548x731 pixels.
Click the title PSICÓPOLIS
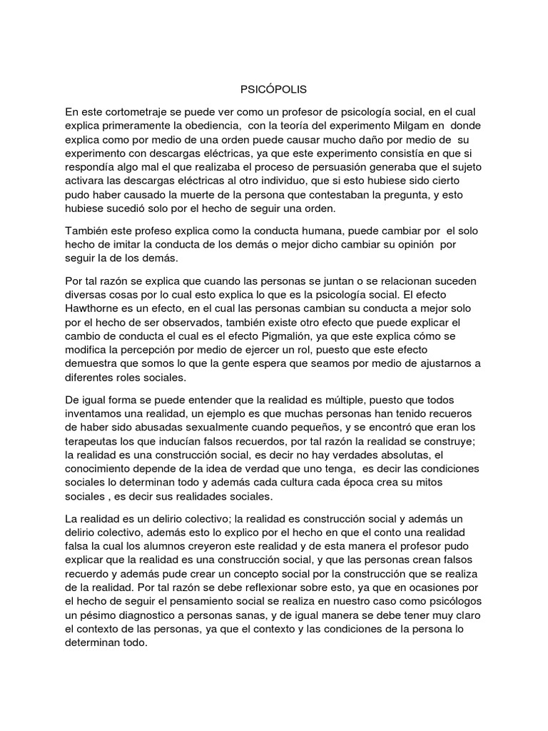pyautogui.click(x=274, y=91)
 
